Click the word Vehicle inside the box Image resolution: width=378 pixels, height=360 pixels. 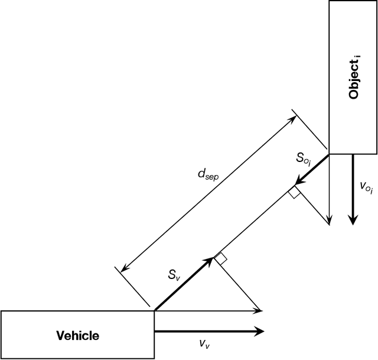[x=77, y=335]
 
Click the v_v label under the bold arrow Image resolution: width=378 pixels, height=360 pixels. [x=203, y=343]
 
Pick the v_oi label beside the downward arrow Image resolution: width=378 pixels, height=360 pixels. [x=366, y=188]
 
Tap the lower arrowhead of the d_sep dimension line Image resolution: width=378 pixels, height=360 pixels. [x=123, y=268]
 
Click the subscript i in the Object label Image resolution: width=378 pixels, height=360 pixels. [x=359, y=57]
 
